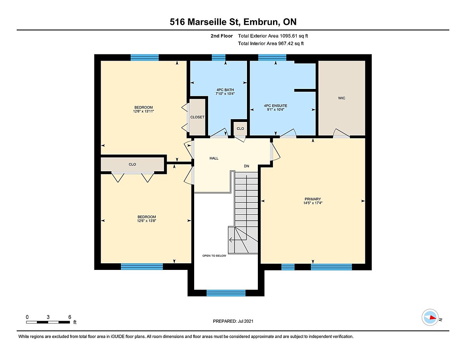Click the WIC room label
[x=342, y=98]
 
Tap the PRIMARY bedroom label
[x=313, y=199]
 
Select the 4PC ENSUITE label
[x=275, y=106]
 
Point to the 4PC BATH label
[x=225, y=90]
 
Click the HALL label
[x=214, y=158]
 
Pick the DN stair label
[x=247, y=166]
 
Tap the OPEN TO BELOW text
[x=214, y=256]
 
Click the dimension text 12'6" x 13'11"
[x=143, y=111]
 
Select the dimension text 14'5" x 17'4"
[x=313, y=203]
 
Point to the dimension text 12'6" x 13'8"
[x=147, y=221]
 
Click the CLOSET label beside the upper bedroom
[x=197, y=117]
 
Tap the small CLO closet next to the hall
[x=240, y=129]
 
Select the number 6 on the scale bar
[x=70, y=317]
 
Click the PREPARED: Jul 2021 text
[x=233, y=321]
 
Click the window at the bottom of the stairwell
[x=226, y=293]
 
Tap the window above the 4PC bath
[x=219, y=58]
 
